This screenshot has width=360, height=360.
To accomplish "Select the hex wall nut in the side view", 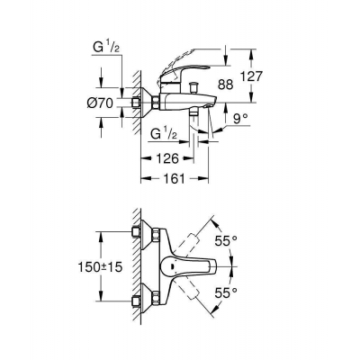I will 141,103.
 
